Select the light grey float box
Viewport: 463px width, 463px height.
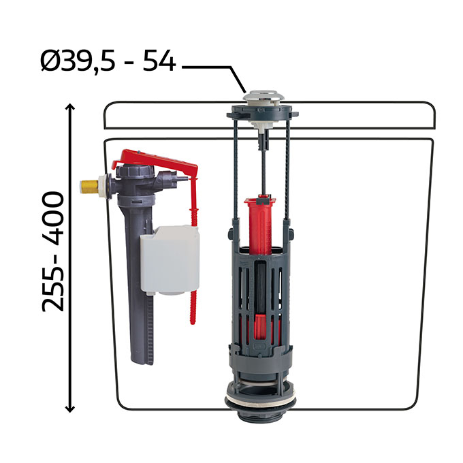170,260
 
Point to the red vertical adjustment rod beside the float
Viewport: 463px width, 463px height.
193,251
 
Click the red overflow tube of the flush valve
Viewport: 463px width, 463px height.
260,225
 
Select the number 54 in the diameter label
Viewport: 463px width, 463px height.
159,61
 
